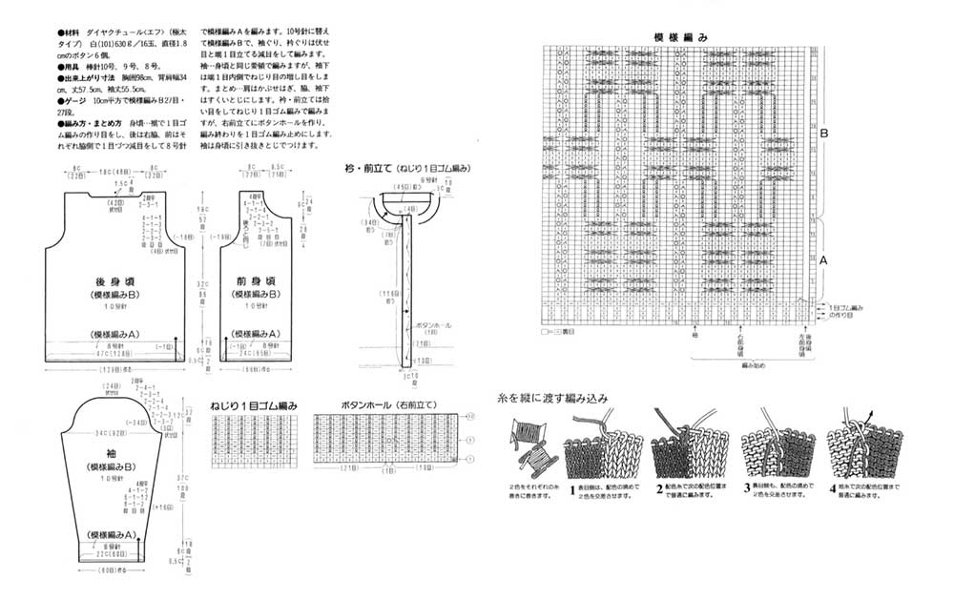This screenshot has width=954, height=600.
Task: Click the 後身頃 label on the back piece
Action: pos(114,281)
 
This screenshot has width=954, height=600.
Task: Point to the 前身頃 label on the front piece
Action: pos(255,281)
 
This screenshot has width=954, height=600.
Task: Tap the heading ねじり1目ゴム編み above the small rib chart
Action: pos(254,406)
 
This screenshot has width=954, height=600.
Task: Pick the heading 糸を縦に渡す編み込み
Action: pos(552,398)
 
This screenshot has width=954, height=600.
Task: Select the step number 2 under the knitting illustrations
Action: pos(659,489)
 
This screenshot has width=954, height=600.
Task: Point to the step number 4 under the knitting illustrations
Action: pos(833,489)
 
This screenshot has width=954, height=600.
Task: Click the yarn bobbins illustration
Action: pos(532,448)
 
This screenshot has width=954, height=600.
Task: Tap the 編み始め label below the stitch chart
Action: pos(754,364)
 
